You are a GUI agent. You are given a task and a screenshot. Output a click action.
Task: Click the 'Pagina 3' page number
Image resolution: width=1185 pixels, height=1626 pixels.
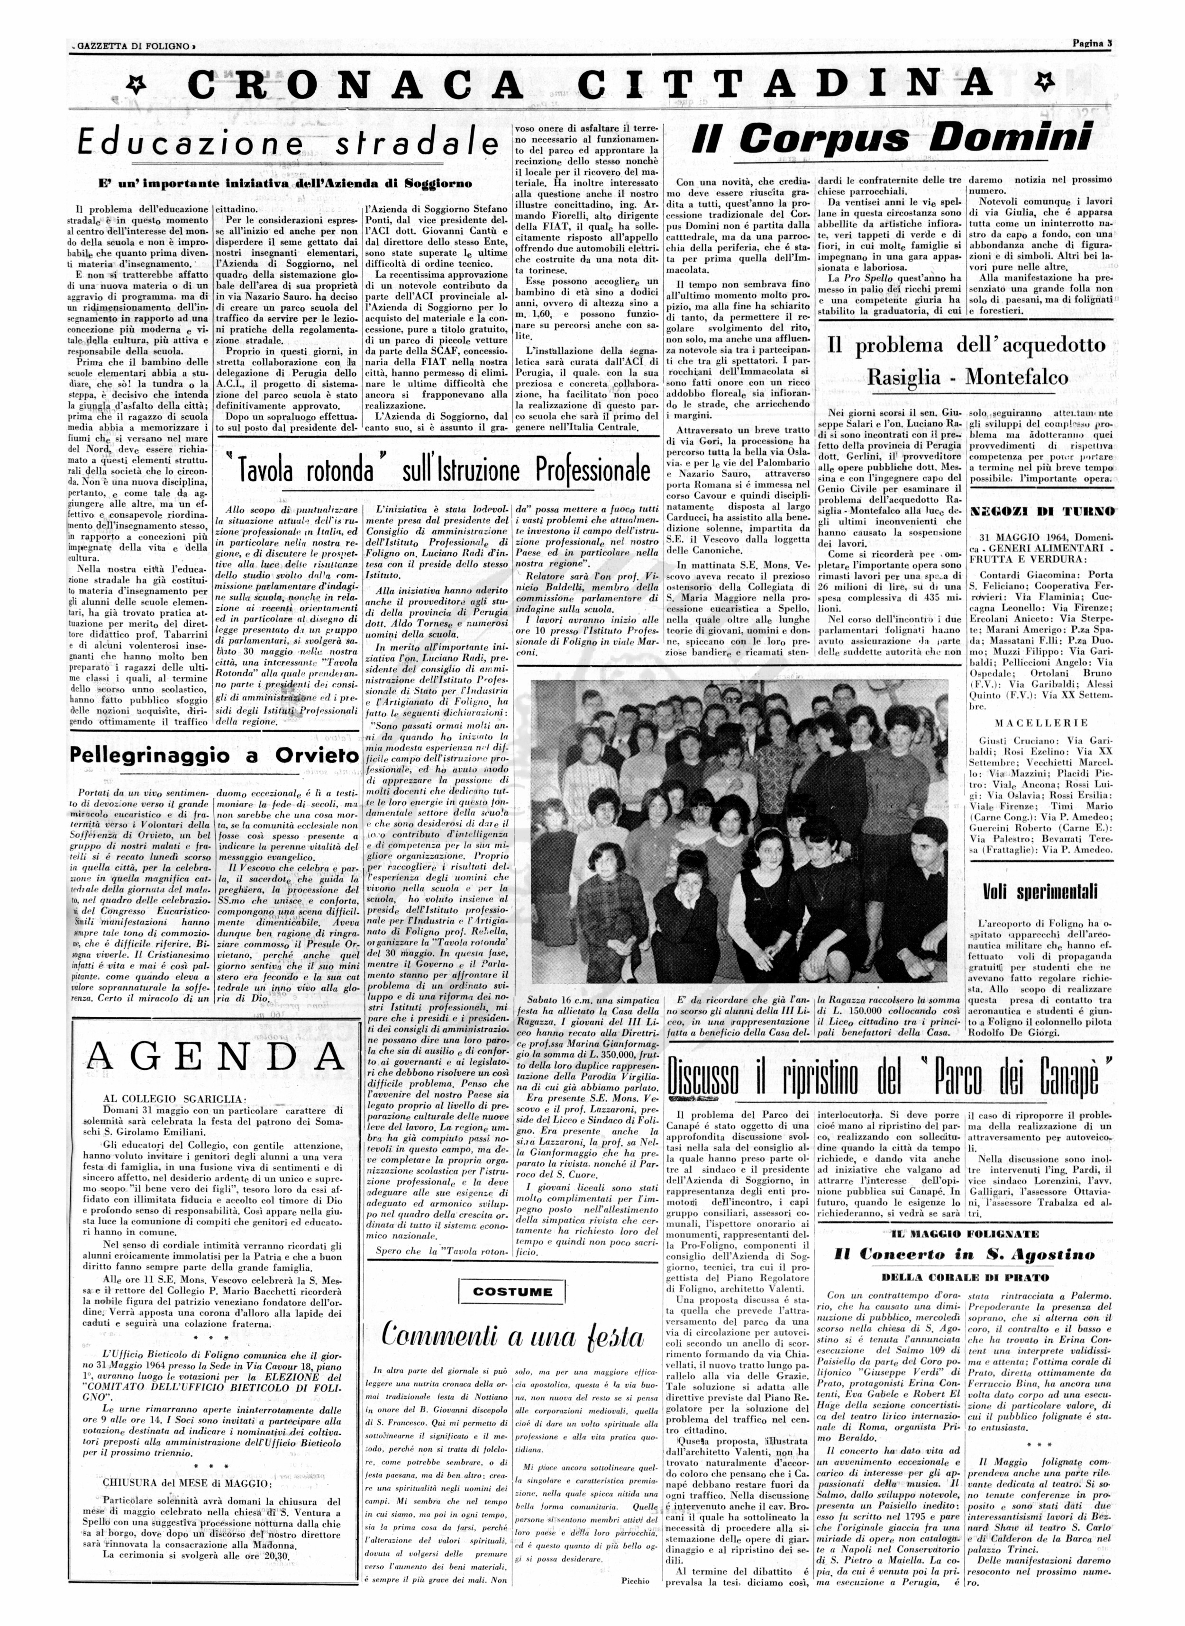click(x=1090, y=43)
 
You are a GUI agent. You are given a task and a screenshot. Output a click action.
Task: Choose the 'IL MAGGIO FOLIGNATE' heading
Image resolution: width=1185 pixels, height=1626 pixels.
click(x=964, y=1234)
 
